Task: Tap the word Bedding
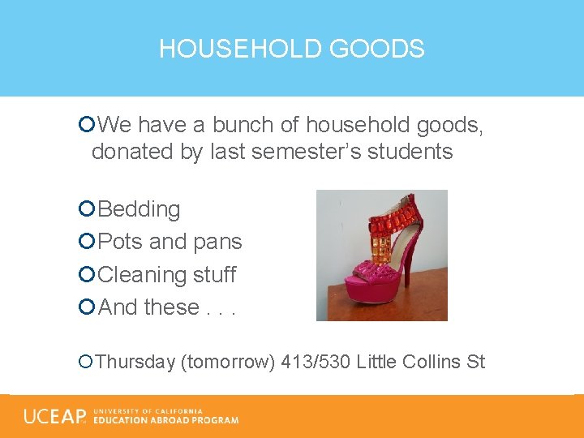pos(139,209)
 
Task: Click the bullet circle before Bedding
pos(87,209)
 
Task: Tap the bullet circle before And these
pos(87,307)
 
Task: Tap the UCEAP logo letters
pos(54,416)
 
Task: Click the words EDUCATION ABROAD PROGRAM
pos(165,420)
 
